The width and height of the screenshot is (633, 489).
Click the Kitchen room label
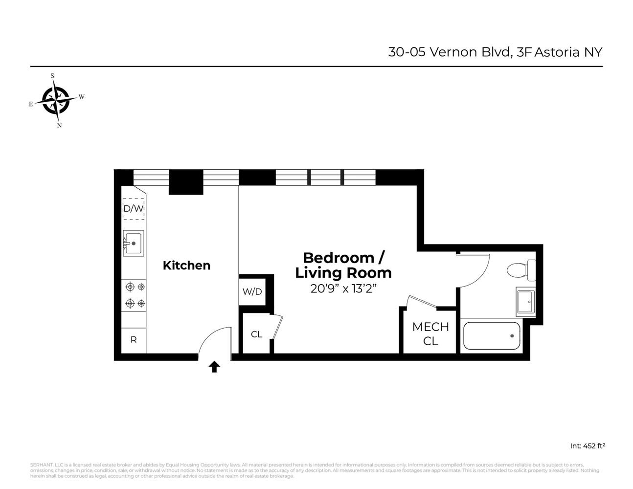[186, 266]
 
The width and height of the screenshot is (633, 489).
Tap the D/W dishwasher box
[133, 209]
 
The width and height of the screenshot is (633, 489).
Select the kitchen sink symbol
[133, 243]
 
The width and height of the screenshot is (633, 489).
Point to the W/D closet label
[252, 292]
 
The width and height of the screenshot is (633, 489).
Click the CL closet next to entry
[256, 334]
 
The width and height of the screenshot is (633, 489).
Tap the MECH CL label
[430, 333]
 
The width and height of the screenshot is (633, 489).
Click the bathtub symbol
[492, 335]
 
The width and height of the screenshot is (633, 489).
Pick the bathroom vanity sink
[526, 302]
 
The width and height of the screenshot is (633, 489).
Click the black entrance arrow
[214, 367]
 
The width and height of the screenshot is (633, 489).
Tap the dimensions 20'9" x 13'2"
[343, 289]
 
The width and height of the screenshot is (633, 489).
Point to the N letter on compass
[59, 125]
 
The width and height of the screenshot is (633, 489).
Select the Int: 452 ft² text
[588, 446]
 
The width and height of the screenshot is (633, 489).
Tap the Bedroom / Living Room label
[343, 265]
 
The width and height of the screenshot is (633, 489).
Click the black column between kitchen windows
[186, 182]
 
